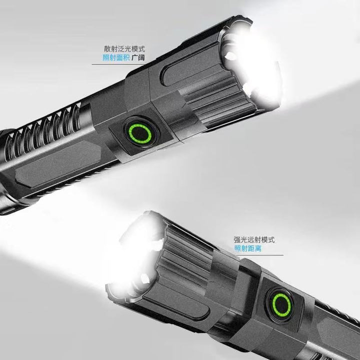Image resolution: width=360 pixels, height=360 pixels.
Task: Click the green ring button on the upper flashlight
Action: [x=140, y=133]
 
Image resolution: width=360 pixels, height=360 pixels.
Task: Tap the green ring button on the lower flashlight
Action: [x=281, y=305]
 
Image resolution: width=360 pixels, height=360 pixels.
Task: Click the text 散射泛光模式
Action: [x=124, y=49]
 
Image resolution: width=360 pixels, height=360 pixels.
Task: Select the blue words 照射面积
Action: [x=116, y=57]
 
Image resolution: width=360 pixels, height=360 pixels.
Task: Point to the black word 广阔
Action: [x=138, y=57]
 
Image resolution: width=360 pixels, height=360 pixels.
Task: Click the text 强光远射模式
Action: [x=254, y=240]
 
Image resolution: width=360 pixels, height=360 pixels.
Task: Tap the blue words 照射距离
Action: [x=248, y=248]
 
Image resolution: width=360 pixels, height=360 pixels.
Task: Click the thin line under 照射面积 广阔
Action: [x=118, y=64]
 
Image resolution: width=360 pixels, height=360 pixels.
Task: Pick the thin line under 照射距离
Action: [x=260, y=255]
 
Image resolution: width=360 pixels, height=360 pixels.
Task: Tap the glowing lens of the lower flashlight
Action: [x=135, y=255]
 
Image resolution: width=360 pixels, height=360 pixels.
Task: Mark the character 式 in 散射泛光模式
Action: [x=141, y=49]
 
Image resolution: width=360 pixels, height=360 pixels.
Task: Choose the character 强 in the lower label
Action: [x=237, y=240]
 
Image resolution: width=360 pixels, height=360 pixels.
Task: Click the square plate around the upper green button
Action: [x=140, y=135]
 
